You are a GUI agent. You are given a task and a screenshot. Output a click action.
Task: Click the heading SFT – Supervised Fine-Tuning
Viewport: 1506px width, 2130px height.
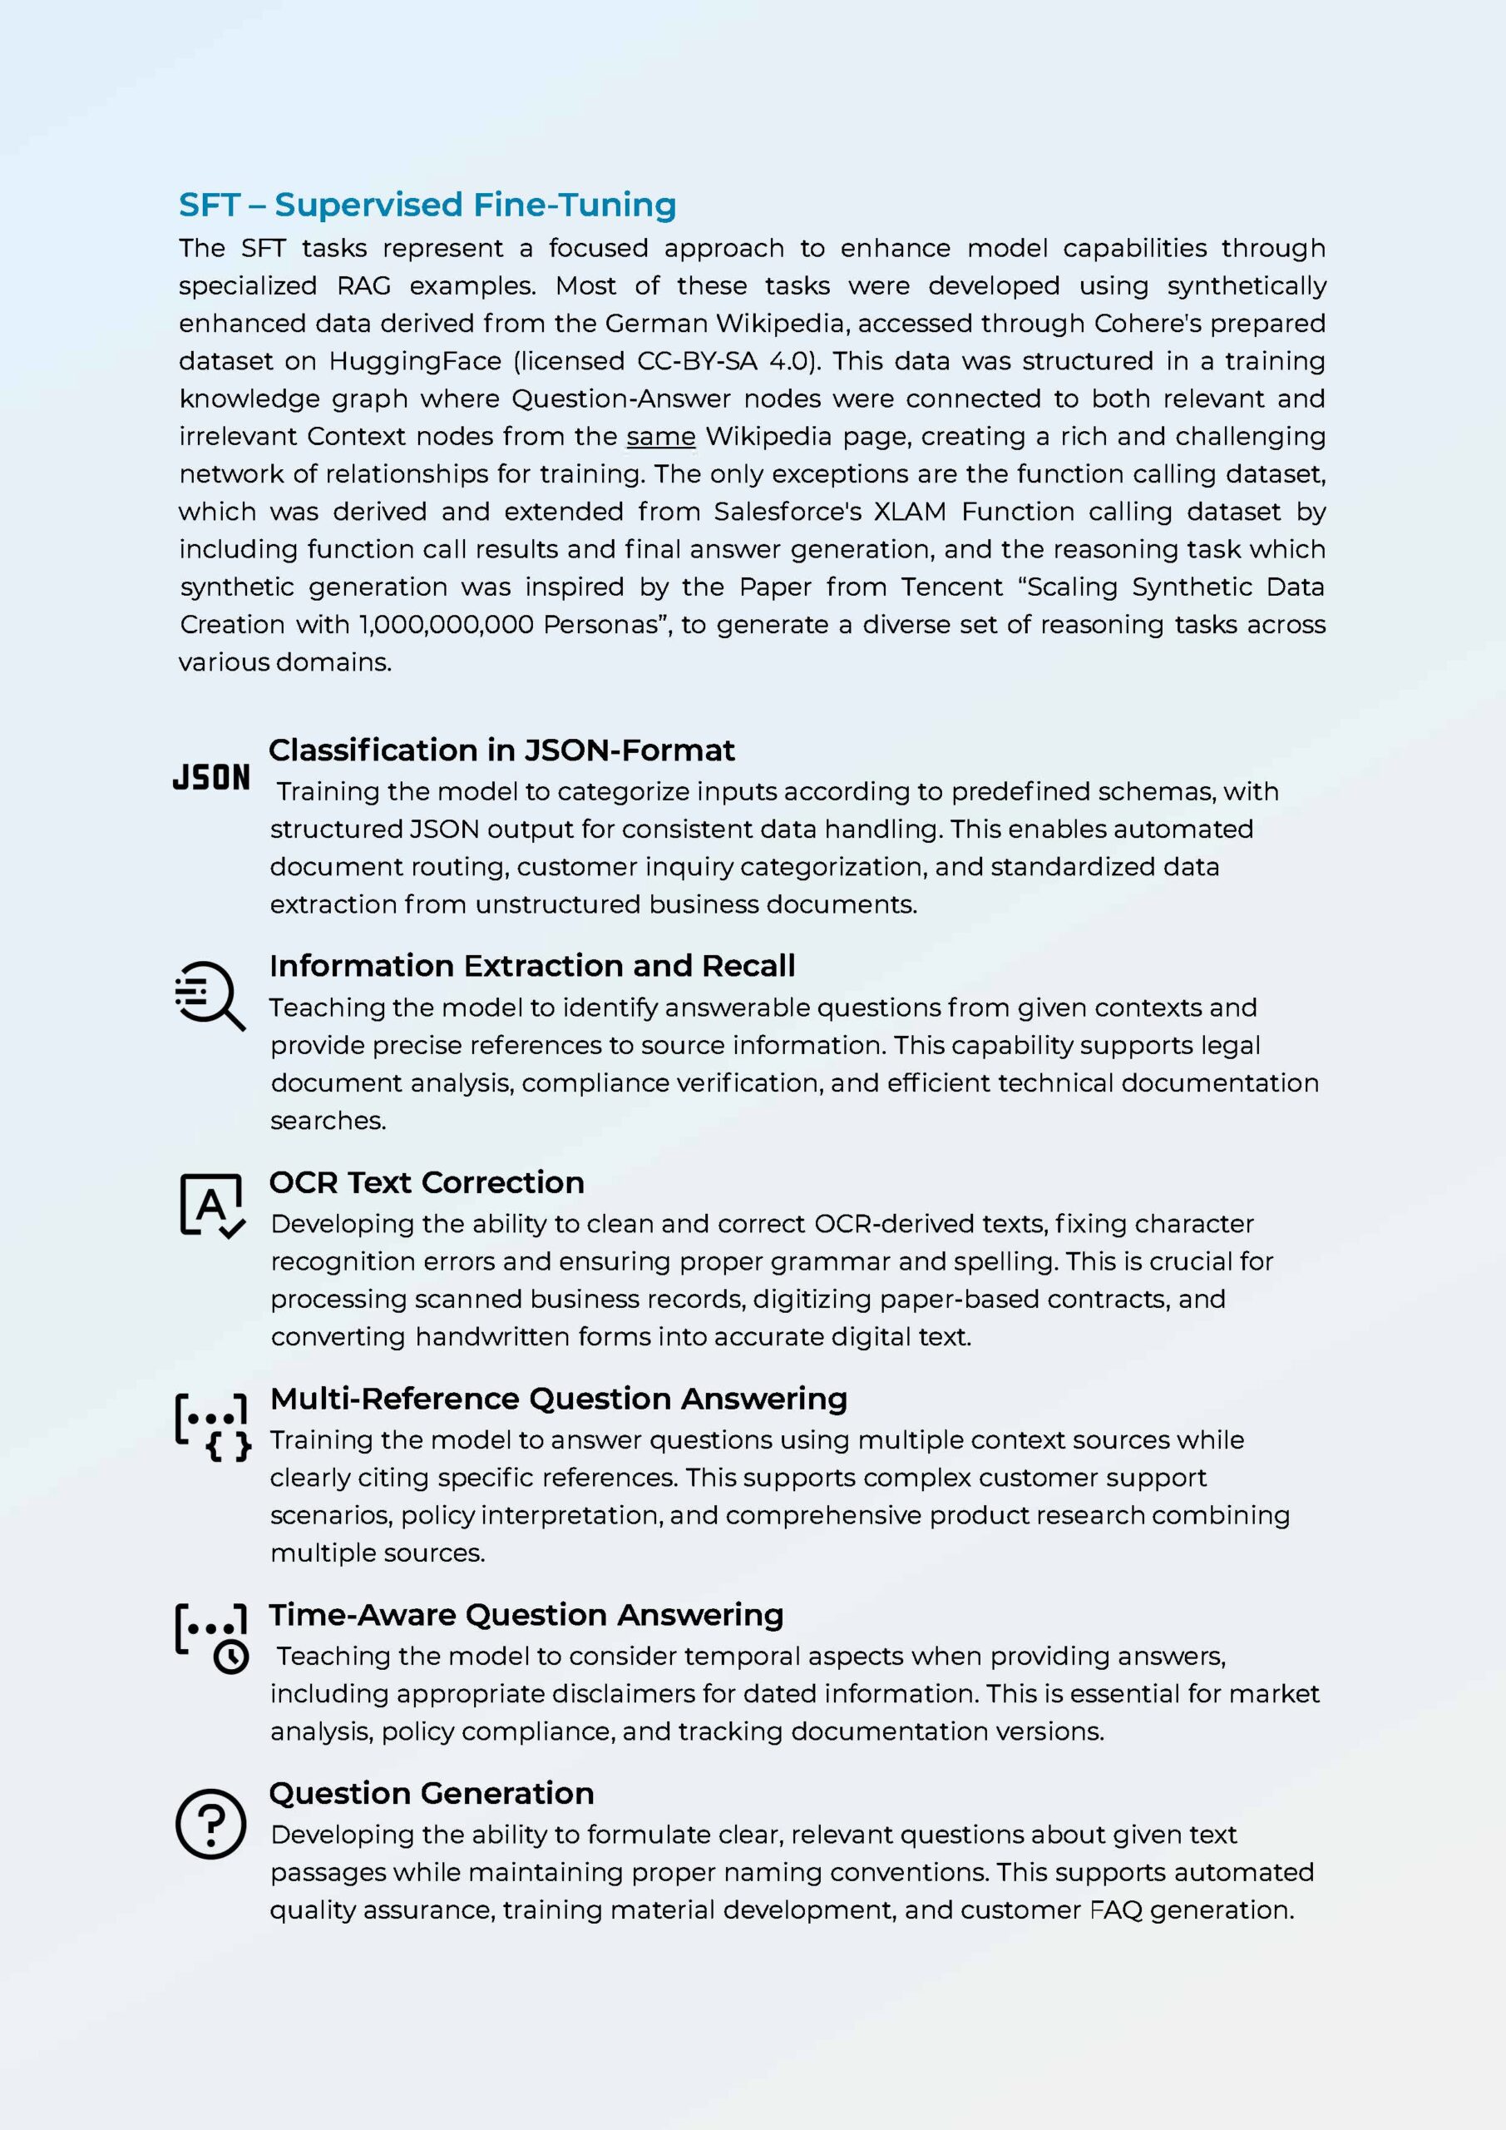[x=427, y=205]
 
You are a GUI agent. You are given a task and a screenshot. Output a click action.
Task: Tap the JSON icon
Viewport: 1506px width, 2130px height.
[x=211, y=777]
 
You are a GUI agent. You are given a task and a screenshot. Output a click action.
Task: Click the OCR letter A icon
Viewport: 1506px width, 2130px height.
[x=212, y=1205]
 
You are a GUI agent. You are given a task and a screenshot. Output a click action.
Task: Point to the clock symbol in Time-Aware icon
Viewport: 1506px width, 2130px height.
[x=231, y=1657]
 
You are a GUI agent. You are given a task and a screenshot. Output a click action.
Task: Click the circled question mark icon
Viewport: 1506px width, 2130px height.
[x=210, y=1824]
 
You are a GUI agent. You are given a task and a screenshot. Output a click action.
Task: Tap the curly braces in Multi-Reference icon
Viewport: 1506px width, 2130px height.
[x=228, y=1446]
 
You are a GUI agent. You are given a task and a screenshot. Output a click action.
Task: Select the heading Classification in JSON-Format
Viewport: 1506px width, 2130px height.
[x=501, y=750]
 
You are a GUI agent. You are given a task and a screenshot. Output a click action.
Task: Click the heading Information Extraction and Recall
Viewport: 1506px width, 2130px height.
[x=532, y=966]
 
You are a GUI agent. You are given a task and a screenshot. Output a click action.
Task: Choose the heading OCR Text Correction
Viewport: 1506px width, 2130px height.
[x=427, y=1181]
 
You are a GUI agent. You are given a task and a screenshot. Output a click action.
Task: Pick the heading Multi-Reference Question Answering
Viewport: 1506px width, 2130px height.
[x=558, y=1398]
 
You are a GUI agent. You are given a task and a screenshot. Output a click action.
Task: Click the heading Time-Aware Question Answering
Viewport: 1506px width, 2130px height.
[x=526, y=1614]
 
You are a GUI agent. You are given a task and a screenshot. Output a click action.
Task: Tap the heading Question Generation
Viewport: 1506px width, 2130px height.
[x=432, y=1793]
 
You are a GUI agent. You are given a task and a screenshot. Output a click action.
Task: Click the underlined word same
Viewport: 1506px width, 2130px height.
[x=660, y=436]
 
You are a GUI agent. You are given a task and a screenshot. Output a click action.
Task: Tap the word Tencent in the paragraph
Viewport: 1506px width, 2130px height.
[x=952, y=587]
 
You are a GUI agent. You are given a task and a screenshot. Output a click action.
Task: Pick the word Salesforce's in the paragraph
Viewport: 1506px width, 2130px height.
[x=787, y=512]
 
